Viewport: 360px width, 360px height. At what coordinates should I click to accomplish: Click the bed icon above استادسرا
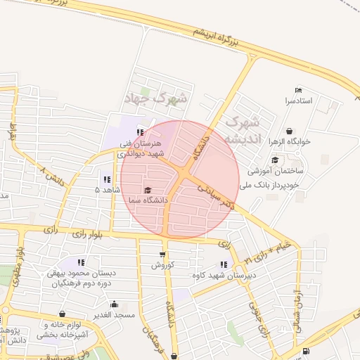click(298, 90)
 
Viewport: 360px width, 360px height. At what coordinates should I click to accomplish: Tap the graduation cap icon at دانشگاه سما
click(148, 190)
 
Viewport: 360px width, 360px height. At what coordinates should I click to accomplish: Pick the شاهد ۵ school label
click(108, 190)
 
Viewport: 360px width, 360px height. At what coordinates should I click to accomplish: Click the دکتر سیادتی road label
click(215, 197)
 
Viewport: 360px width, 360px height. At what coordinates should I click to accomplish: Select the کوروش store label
click(162, 266)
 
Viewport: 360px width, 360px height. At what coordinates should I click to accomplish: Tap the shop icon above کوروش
click(162, 255)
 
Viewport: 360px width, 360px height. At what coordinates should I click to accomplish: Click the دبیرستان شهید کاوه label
click(219, 275)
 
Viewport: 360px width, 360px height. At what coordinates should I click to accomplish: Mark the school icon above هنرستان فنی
click(141, 131)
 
